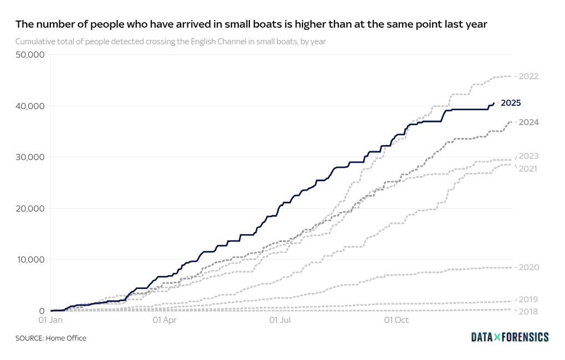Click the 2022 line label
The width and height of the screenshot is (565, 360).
528,76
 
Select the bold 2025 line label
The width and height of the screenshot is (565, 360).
511,103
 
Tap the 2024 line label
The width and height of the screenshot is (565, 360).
528,122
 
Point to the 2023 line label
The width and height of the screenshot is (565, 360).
528,156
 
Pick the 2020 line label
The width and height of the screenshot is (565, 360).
528,268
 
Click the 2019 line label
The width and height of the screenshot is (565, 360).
528,300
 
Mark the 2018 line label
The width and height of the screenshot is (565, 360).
528,311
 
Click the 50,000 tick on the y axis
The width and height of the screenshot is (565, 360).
30,55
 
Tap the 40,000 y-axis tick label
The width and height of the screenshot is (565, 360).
30,106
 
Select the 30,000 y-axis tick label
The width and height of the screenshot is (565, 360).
30,157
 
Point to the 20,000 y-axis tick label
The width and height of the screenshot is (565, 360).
30,208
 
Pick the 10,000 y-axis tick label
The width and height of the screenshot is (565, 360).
30,260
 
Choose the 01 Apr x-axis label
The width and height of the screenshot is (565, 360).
164,320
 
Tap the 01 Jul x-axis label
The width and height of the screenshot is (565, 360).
280,320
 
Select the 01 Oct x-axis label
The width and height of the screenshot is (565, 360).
397,320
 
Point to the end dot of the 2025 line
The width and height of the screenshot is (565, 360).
494,103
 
